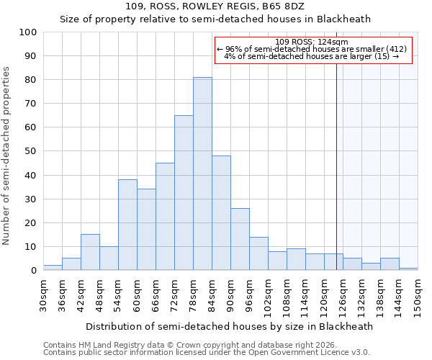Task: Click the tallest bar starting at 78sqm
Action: (x=202, y=174)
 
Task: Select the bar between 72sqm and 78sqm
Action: (x=184, y=193)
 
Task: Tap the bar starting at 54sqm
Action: (x=127, y=225)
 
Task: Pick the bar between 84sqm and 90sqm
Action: (x=221, y=213)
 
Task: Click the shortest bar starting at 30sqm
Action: (x=53, y=268)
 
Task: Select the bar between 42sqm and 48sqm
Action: (x=90, y=252)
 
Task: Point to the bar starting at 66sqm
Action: (x=165, y=217)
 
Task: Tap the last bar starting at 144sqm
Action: (x=408, y=269)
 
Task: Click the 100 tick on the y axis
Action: (x=28, y=32)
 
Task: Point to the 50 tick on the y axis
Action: (x=31, y=151)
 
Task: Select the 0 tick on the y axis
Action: (x=34, y=271)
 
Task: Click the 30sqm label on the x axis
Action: (x=43, y=294)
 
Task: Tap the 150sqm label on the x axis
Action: (x=418, y=297)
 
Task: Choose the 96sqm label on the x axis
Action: (x=249, y=294)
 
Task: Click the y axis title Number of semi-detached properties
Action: (x=6, y=156)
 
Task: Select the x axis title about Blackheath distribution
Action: (x=229, y=326)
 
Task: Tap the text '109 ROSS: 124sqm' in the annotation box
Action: (x=312, y=42)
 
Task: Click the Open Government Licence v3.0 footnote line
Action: (x=207, y=352)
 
